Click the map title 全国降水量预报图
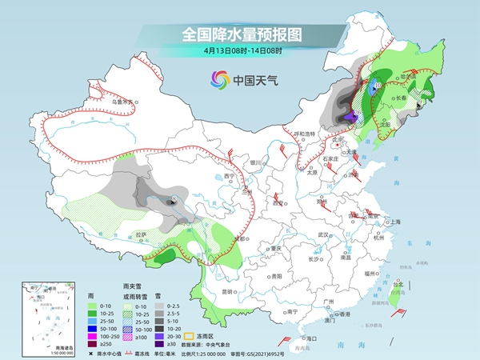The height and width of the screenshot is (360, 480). (x=239, y=35)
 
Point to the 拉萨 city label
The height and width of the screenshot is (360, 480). (x=141, y=234)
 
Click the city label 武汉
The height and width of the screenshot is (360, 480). (x=324, y=234)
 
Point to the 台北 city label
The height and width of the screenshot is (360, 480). (x=398, y=282)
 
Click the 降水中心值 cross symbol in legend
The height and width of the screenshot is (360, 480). (x=91, y=350)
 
